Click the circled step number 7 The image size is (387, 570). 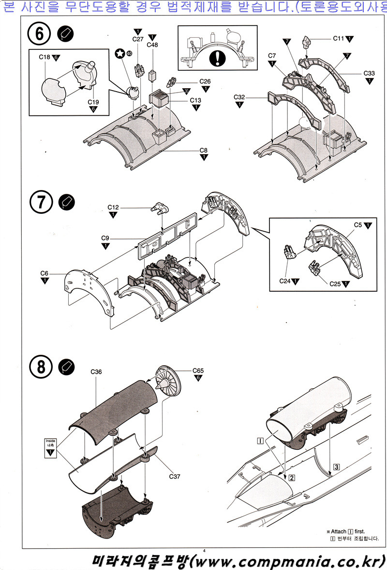[42, 202]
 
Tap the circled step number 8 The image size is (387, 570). [42, 367]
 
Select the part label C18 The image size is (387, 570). [44, 57]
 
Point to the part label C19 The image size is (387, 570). [94, 102]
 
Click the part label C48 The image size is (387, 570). [152, 45]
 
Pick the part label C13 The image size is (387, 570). [195, 100]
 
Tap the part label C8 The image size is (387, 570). [203, 150]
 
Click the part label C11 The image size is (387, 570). [338, 38]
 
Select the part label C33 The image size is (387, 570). [369, 74]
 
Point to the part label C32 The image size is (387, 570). [239, 97]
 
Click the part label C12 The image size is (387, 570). [113, 207]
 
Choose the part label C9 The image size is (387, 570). [105, 238]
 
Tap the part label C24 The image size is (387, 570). [285, 280]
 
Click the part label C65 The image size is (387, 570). [198, 371]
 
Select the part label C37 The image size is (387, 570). [175, 476]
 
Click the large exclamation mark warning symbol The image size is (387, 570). [220, 58]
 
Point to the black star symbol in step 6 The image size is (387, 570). [119, 53]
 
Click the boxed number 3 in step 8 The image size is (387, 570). [337, 467]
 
